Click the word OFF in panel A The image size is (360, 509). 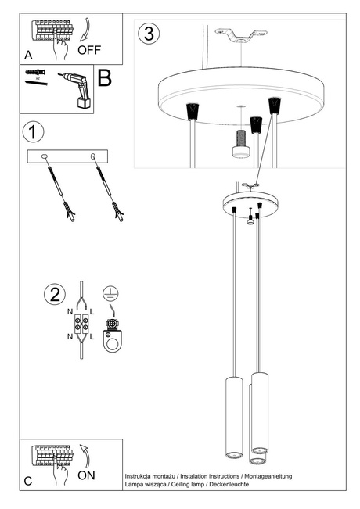tap(89, 49)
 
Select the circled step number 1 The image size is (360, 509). tap(32, 131)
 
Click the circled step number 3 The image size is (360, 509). tap(149, 34)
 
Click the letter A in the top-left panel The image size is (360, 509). tap(28, 56)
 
